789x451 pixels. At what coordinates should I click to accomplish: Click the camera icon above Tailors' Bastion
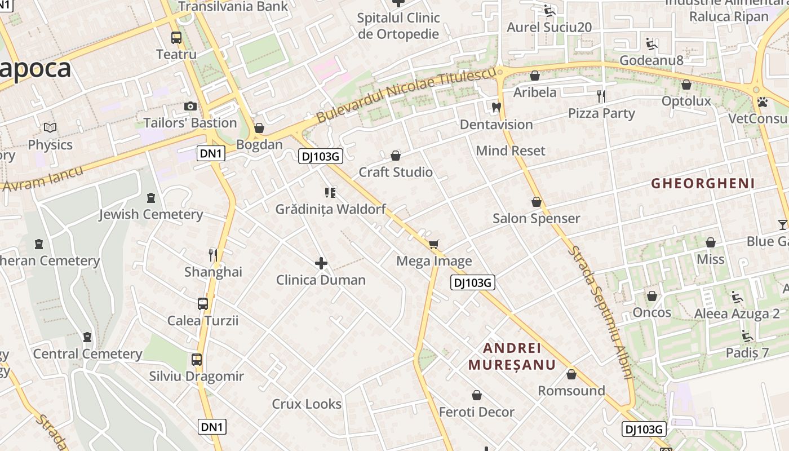coord(190,106)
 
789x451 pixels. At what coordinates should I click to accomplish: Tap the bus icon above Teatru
coord(176,38)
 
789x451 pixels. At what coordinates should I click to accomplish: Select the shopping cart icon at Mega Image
coord(433,244)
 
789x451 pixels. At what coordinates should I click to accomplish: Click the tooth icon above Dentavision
coord(496,107)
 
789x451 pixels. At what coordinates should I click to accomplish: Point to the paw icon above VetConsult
coord(763,102)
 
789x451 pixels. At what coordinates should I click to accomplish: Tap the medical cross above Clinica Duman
coord(321,263)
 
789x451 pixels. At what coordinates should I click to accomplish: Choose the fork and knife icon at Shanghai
coord(213,255)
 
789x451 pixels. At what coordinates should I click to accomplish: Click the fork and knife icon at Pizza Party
coord(601,96)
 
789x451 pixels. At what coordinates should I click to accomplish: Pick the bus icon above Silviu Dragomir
coord(197,360)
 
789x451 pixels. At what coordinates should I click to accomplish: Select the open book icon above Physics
coord(50,128)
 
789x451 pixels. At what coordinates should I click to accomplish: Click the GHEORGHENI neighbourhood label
coord(703,183)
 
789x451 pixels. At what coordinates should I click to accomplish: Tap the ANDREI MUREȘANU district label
coord(512,356)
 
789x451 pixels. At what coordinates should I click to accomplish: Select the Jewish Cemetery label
coord(151,214)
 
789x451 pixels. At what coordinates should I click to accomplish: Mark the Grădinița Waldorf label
coord(330,209)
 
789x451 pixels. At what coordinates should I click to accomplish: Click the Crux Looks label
coord(307,404)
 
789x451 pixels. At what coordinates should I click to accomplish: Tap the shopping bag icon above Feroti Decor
coord(477,395)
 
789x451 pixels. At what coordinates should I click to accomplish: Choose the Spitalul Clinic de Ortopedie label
coord(398,25)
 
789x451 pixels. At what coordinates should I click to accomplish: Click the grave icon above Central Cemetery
coord(87,337)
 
